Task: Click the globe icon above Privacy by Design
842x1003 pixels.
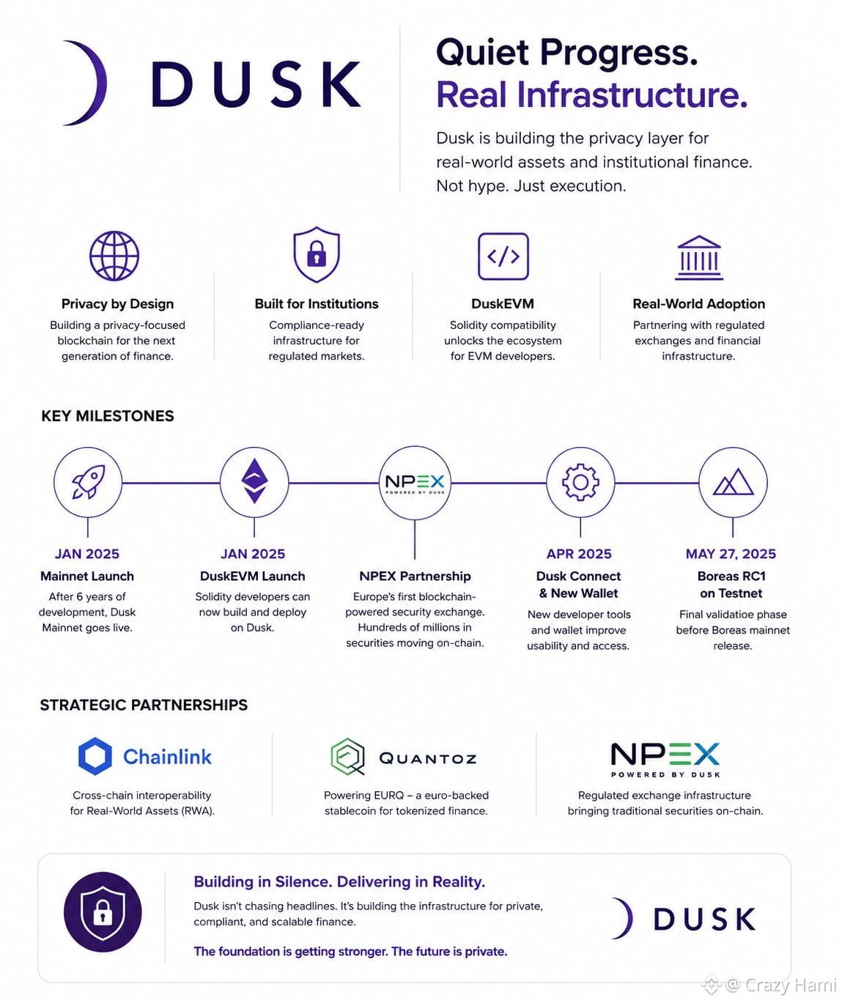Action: (114, 256)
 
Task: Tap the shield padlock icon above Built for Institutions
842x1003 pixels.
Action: (317, 254)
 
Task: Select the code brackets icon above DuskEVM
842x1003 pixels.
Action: (503, 256)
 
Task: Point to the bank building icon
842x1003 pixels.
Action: (699, 257)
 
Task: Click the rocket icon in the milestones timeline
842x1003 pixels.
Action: (89, 481)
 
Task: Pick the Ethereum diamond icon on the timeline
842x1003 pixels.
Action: (254, 481)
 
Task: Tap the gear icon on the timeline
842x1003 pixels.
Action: (580, 482)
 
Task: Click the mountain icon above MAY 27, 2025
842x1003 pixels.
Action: (733, 482)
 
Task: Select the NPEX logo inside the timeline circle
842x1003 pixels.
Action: (415, 484)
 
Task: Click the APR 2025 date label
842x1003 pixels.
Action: (579, 554)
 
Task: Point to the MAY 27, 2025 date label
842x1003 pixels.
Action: (731, 554)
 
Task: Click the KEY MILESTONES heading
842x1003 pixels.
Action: (108, 416)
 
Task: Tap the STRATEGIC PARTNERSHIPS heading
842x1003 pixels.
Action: (144, 705)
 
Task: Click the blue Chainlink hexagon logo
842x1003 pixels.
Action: (95, 756)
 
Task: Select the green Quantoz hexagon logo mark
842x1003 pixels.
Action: (347, 757)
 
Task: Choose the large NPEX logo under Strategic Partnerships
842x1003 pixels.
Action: (665, 760)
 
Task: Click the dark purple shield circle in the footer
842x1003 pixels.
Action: (103, 912)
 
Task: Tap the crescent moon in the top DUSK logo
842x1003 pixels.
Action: (86, 83)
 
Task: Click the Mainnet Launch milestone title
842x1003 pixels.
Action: (87, 576)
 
